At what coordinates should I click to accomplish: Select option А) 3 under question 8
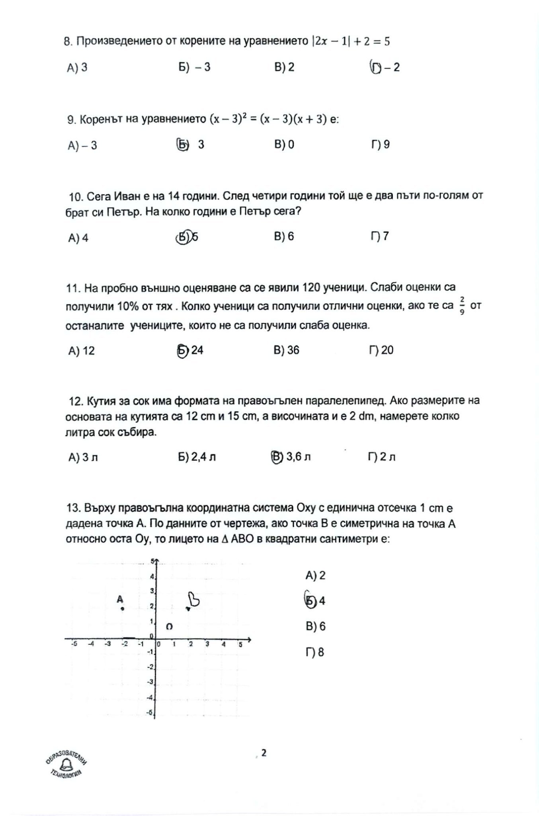(x=77, y=67)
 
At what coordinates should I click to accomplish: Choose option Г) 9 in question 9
(x=380, y=144)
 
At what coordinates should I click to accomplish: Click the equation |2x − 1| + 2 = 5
(x=351, y=41)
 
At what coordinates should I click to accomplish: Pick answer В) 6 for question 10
(x=284, y=236)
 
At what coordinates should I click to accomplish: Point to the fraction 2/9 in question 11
(x=462, y=305)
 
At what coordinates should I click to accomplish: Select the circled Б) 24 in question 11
(x=190, y=350)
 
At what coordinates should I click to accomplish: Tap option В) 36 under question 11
(x=286, y=350)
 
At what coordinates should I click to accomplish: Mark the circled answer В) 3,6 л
(x=291, y=457)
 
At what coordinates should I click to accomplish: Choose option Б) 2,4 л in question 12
(x=197, y=457)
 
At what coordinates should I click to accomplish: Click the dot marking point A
(x=123, y=608)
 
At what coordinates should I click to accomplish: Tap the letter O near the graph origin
(x=169, y=626)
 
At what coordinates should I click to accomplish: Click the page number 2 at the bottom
(x=264, y=753)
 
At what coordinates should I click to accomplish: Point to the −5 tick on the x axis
(x=74, y=644)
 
